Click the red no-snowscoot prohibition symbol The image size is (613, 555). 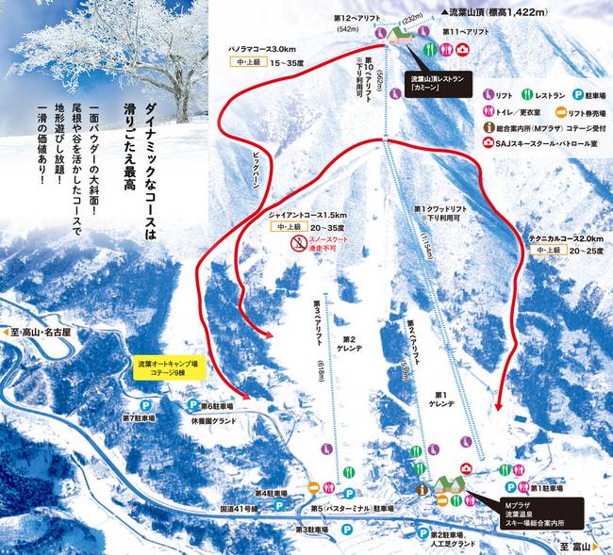(x=296, y=244)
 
